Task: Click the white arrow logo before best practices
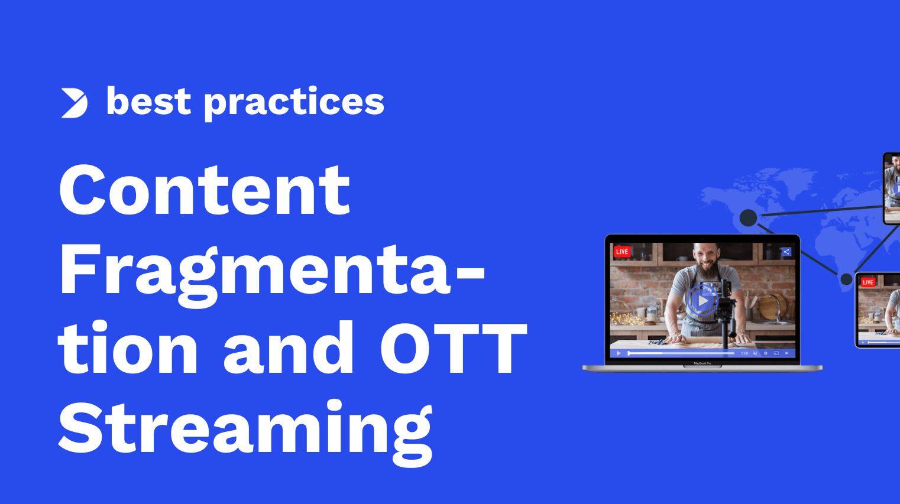(75, 103)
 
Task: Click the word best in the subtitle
(148, 102)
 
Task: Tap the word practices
(294, 103)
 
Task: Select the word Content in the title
(205, 190)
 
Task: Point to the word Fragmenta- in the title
(272, 270)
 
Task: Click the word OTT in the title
(452, 349)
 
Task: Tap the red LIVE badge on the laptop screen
(621, 252)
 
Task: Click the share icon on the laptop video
(786, 252)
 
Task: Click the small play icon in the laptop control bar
(619, 353)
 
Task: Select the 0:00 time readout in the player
(744, 353)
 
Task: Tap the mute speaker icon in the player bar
(755, 353)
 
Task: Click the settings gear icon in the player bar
(766, 353)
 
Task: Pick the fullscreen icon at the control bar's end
(786, 353)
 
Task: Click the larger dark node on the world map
(749, 218)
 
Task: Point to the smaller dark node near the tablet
(846, 279)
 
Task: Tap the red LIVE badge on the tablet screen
(867, 282)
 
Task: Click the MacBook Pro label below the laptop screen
(702, 363)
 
